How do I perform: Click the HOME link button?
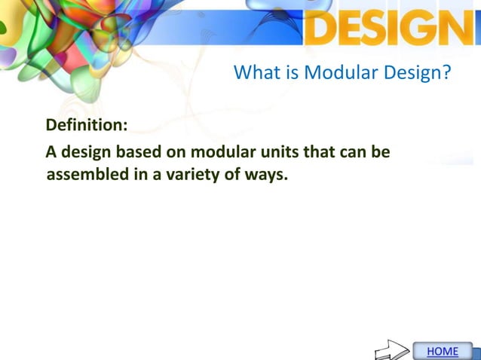click(x=443, y=351)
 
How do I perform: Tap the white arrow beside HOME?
click(x=392, y=350)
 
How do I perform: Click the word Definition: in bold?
click(x=86, y=124)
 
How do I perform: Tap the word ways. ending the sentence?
click(x=265, y=175)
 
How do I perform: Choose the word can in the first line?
click(x=354, y=152)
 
